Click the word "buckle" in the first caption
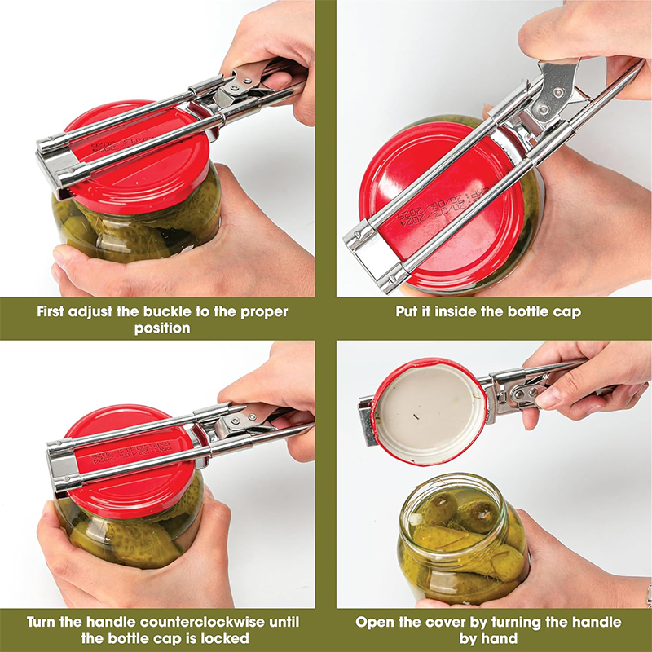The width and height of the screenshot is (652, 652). click(170, 311)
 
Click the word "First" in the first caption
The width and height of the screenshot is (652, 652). click(52, 311)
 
